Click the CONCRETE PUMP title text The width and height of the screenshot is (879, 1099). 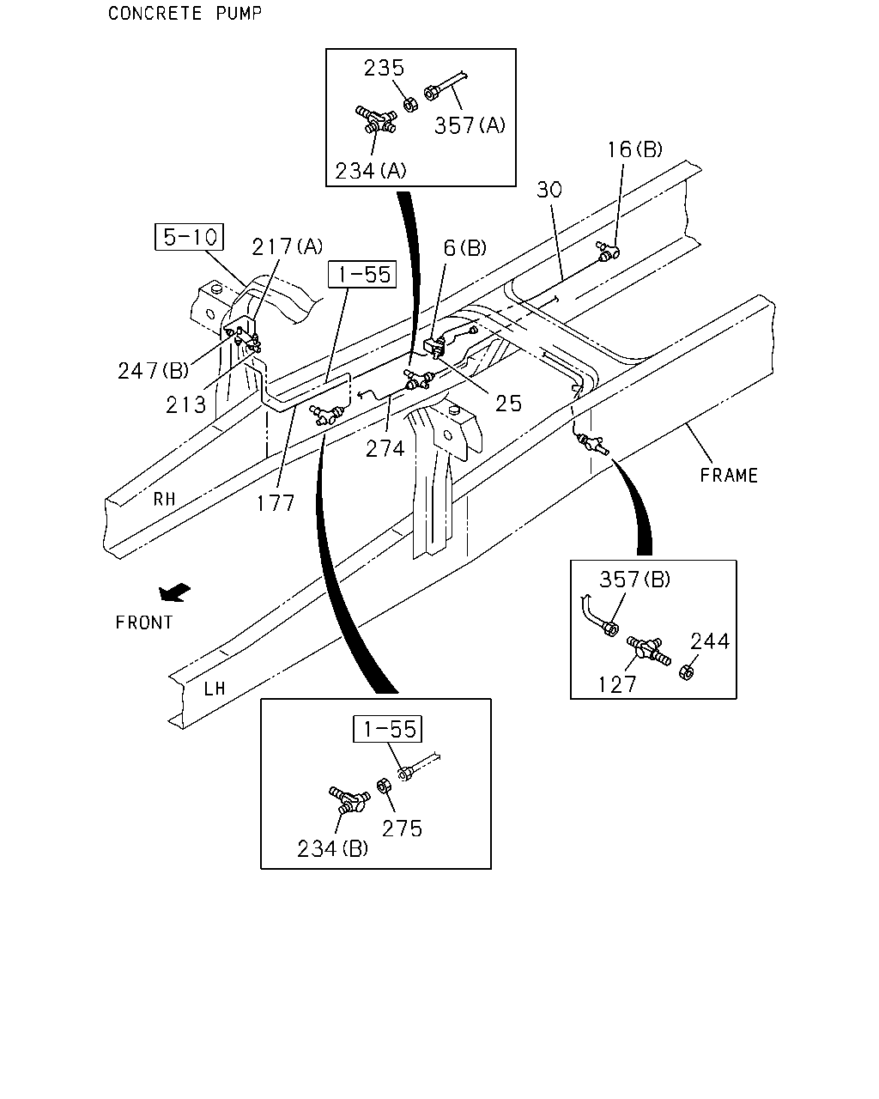pyautogui.click(x=185, y=13)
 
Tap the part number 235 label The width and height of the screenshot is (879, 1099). pyautogui.click(x=384, y=68)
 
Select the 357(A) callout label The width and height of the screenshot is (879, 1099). pyautogui.click(x=470, y=125)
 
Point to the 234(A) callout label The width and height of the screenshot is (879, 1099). pyautogui.click(x=370, y=171)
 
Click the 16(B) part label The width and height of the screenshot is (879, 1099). pyautogui.click(x=634, y=149)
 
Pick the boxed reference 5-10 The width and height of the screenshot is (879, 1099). pyautogui.click(x=189, y=237)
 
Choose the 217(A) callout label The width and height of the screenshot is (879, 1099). pyautogui.click(x=287, y=246)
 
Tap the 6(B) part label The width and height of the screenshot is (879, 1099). pyautogui.click(x=464, y=247)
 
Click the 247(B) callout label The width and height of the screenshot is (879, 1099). pyautogui.click(x=154, y=371)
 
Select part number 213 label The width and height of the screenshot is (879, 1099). pyautogui.click(x=186, y=405)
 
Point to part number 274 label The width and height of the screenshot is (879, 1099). pyautogui.click(x=385, y=449)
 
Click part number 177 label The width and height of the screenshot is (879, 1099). pyautogui.click(x=276, y=503)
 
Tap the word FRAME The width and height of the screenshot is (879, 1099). pyautogui.click(x=729, y=476)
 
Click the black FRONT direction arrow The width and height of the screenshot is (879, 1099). pyautogui.click(x=174, y=592)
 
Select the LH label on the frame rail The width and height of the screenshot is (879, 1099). pyautogui.click(x=215, y=689)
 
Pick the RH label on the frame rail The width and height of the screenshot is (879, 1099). pyautogui.click(x=165, y=499)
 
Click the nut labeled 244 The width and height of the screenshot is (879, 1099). pyautogui.click(x=687, y=672)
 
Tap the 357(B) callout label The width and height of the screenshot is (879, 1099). pyautogui.click(x=634, y=579)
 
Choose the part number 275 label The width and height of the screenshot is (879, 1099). pyautogui.click(x=402, y=829)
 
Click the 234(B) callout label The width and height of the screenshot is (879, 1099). pyautogui.click(x=332, y=849)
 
